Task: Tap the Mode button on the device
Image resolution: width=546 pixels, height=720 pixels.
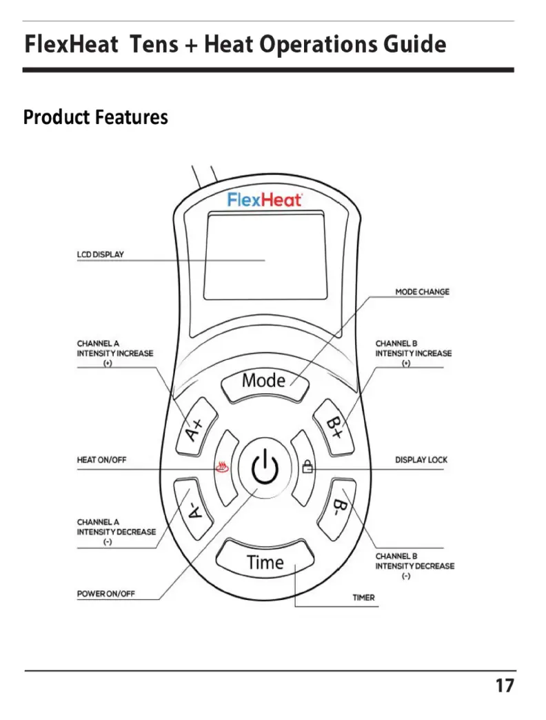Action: point(263,381)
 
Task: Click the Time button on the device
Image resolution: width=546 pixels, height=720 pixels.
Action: point(265,561)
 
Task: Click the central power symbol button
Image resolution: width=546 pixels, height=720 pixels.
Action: point(265,469)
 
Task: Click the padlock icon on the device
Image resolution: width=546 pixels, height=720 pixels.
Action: point(307,468)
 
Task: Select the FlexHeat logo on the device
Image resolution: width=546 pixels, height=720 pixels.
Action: point(265,200)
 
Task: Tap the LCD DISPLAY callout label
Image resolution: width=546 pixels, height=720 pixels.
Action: point(101,254)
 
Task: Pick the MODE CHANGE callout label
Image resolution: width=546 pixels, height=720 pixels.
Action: point(422,292)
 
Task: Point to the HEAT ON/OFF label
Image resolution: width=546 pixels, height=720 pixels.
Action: point(101,460)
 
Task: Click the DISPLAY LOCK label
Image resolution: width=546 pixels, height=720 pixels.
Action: point(421,460)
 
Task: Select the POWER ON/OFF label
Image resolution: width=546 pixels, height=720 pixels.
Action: point(105,594)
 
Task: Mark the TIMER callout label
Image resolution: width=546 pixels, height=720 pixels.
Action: point(363,598)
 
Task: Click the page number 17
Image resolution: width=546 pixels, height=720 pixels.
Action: point(504,686)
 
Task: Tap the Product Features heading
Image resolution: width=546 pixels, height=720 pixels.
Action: point(96,117)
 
